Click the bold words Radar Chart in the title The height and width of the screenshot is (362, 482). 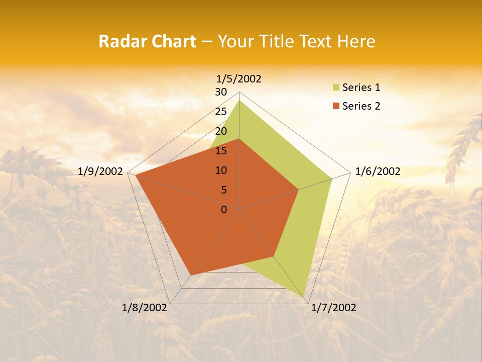pos(147,41)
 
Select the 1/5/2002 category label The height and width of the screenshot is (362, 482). pos(239,78)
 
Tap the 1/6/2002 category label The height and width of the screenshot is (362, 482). pos(378,171)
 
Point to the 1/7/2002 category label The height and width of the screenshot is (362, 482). pos(333,308)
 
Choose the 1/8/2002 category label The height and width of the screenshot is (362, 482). pos(145,308)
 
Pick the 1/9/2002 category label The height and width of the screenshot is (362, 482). pos(100,171)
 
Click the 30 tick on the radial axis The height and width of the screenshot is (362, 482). pos(221,92)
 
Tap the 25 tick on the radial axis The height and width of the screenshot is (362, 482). pos(221,112)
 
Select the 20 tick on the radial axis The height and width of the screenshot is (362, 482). pos(221,131)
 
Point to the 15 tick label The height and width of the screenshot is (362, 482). pos(221,151)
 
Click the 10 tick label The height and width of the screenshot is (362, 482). pos(221,170)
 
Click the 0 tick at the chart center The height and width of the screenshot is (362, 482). pos(224,210)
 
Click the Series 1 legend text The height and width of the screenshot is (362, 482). pos(361,87)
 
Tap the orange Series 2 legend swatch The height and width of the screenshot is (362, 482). pos(336,106)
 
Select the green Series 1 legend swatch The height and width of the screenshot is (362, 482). pos(336,87)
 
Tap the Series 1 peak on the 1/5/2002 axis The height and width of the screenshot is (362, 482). pos(239,100)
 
